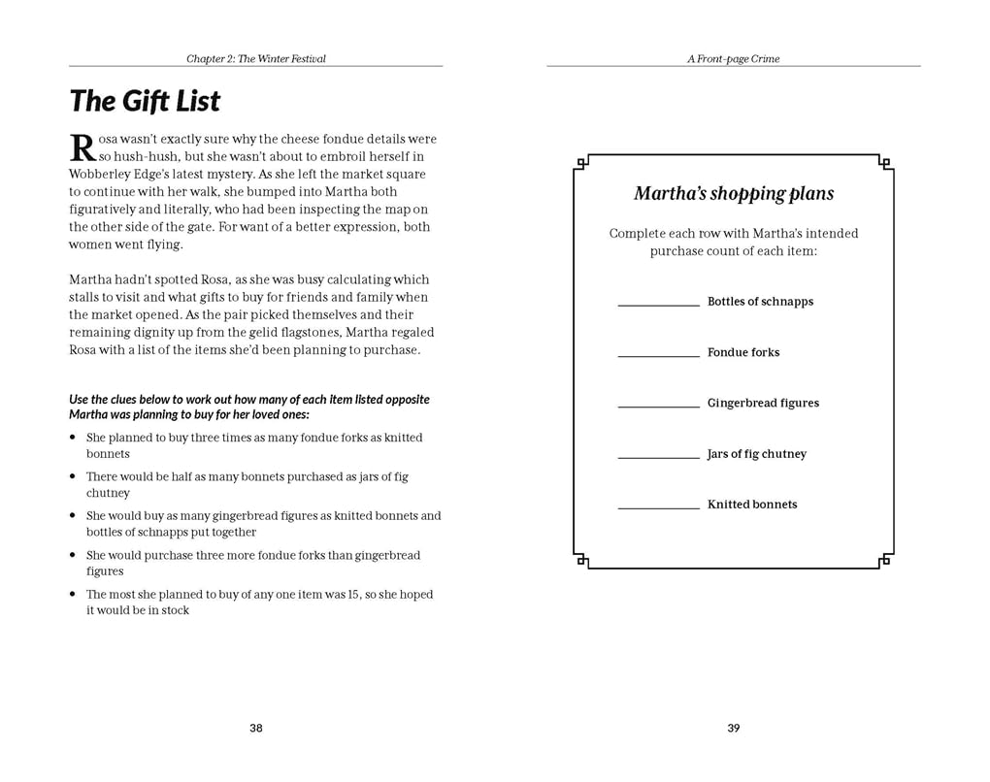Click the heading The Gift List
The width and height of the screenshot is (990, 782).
[x=145, y=102]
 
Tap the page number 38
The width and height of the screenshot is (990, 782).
[x=256, y=729]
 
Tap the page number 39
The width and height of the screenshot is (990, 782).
[x=734, y=729]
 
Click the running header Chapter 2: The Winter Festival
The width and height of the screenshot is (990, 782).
[x=256, y=59]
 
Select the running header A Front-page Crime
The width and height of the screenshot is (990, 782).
[x=734, y=59]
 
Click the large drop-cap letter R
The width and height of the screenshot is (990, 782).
[x=82, y=148]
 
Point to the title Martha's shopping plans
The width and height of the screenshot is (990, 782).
[x=734, y=194]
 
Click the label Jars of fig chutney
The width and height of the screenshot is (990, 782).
[x=757, y=454]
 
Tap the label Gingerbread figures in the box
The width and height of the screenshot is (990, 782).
[x=763, y=404]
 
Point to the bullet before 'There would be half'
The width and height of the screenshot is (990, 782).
[x=73, y=477]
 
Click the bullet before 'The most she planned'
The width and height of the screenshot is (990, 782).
[x=73, y=595]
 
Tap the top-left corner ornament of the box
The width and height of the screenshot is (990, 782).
[x=581, y=163]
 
